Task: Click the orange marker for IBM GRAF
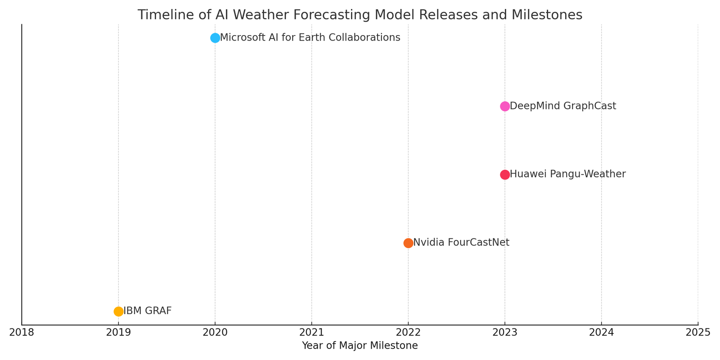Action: pos(118,311)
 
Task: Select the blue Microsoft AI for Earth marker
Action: pos(215,38)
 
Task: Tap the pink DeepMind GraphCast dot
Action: pos(505,106)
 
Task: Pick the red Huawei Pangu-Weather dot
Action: pos(505,175)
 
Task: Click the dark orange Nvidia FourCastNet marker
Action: pos(408,243)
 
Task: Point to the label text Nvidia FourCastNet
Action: pos(461,243)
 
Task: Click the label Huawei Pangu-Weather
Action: pos(567,174)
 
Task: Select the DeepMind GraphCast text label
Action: pos(562,106)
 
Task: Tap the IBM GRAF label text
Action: pos(147,311)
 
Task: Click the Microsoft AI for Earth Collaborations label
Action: pos(310,38)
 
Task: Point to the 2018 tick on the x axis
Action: pos(22,333)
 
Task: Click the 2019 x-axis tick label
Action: pos(118,333)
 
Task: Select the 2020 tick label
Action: pos(215,333)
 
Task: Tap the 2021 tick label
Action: pos(311,333)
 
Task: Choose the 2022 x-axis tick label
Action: pos(408,333)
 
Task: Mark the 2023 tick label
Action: pos(505,333)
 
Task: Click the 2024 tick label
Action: pos(601,333)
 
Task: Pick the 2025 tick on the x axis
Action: pos(698,333)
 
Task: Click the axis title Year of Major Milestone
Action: pos(360,346)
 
